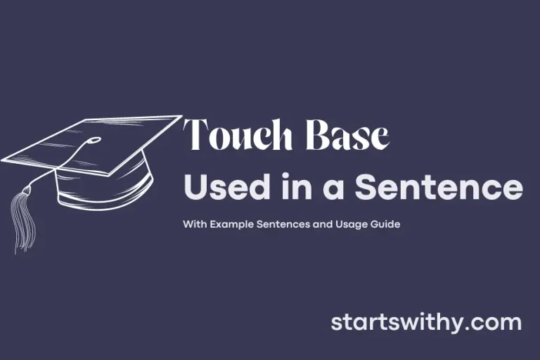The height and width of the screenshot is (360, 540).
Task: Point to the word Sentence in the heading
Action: coord(439,188)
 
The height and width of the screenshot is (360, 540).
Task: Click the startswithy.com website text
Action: coord(426,323)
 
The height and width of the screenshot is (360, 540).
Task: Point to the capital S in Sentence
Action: coord(366,188)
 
